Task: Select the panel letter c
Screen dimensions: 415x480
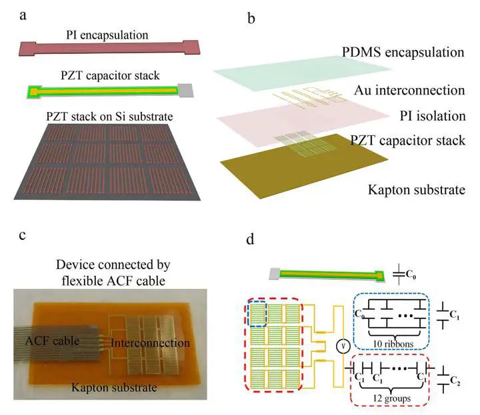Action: pyautogui.click(x=23, y=234)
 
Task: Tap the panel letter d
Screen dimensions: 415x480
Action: pyautogui.click(x=251, y=238)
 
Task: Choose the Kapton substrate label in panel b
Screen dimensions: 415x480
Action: pyautogui.click(x=415, y=190)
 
